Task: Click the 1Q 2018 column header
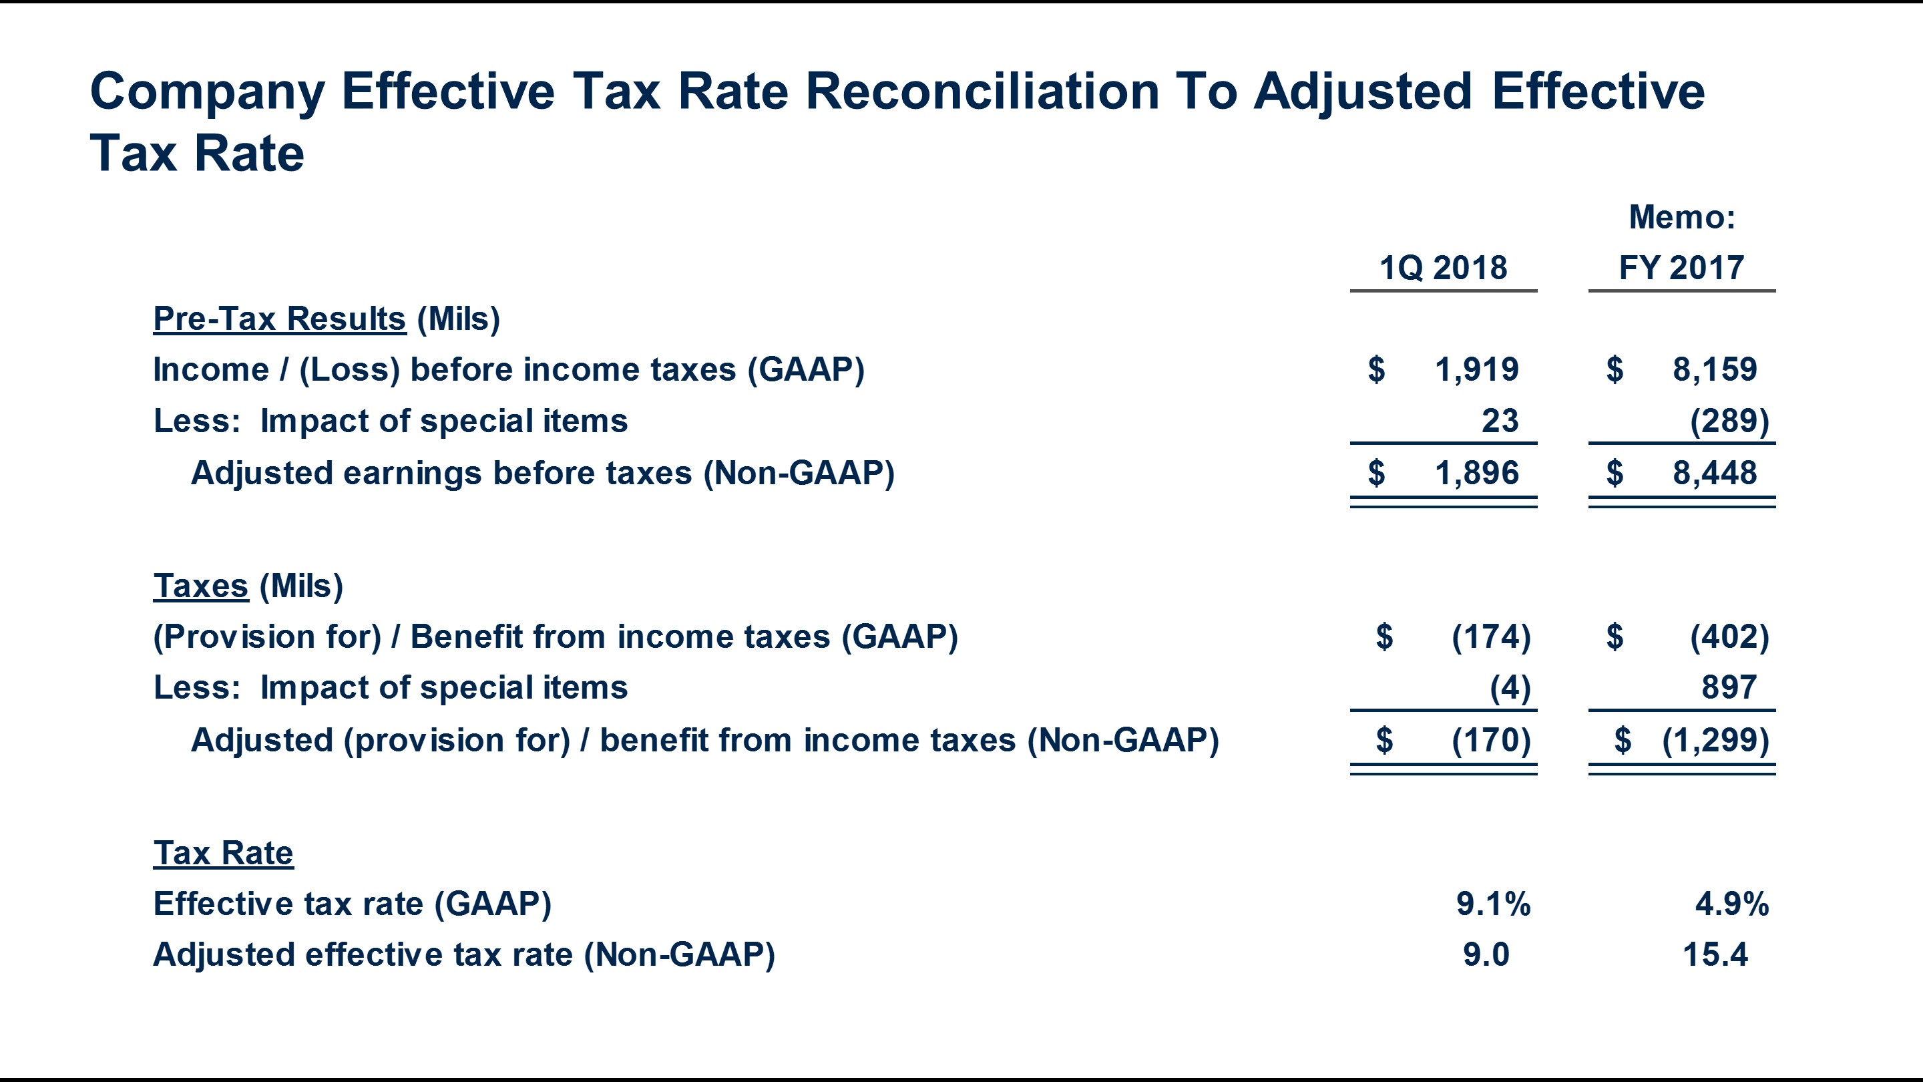(1443, 267)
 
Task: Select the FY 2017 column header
(1681, 267)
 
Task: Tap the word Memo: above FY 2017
(1682, 217)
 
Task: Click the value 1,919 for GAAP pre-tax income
(1476, 369)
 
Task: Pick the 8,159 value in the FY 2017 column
(1715, 369)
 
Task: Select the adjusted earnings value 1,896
(1476, 474)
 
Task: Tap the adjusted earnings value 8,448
(1715, 474)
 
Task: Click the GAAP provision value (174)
(1491, 637)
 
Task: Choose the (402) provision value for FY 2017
(1729, 637)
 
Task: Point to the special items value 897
(1729, 688)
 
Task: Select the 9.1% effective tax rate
(1493, 904)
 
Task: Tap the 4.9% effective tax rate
(1732, 904)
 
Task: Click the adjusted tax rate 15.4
(1715, 955)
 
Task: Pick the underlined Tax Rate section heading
(223, 853)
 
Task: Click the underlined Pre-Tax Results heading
(279, 319)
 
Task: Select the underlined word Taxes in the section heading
(200, 586)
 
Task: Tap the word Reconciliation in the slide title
(982, 92)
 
